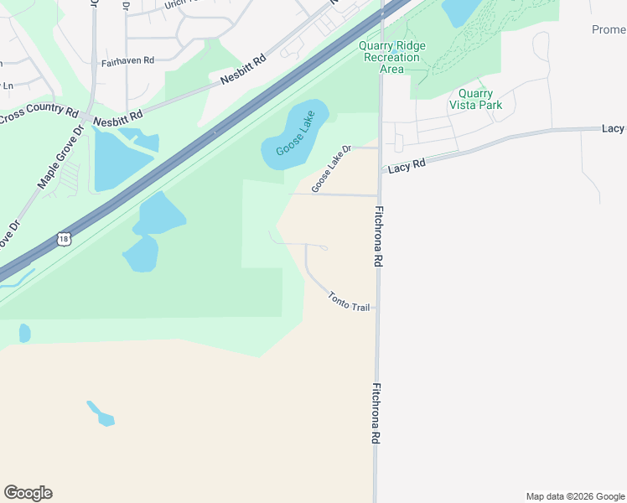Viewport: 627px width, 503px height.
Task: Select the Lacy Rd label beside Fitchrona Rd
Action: click(x=407, y=166)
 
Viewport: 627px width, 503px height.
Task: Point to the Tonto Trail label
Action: click(x=349, y=302)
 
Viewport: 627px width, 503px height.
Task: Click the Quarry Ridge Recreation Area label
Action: click(x=391, y=57)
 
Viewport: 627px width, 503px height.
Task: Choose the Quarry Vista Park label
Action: click(x=475, y=99)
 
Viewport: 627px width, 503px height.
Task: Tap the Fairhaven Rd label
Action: click(x=127, y=61)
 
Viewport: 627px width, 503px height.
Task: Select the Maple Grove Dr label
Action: click(x=61, y=158)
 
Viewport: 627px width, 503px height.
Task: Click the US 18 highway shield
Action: click(x=65, y=239)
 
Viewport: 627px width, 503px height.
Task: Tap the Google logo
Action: click(x=28, y=492)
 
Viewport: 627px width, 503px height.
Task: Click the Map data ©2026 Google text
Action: click(x=574, y=496)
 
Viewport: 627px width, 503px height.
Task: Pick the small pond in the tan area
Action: click(x=101, y=414)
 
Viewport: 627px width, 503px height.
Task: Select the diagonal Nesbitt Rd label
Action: click(x=242, y=70)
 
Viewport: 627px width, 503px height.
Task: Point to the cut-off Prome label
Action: click(x=608, y=30)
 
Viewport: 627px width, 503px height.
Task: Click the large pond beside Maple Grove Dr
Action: click(x=122, y=159)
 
